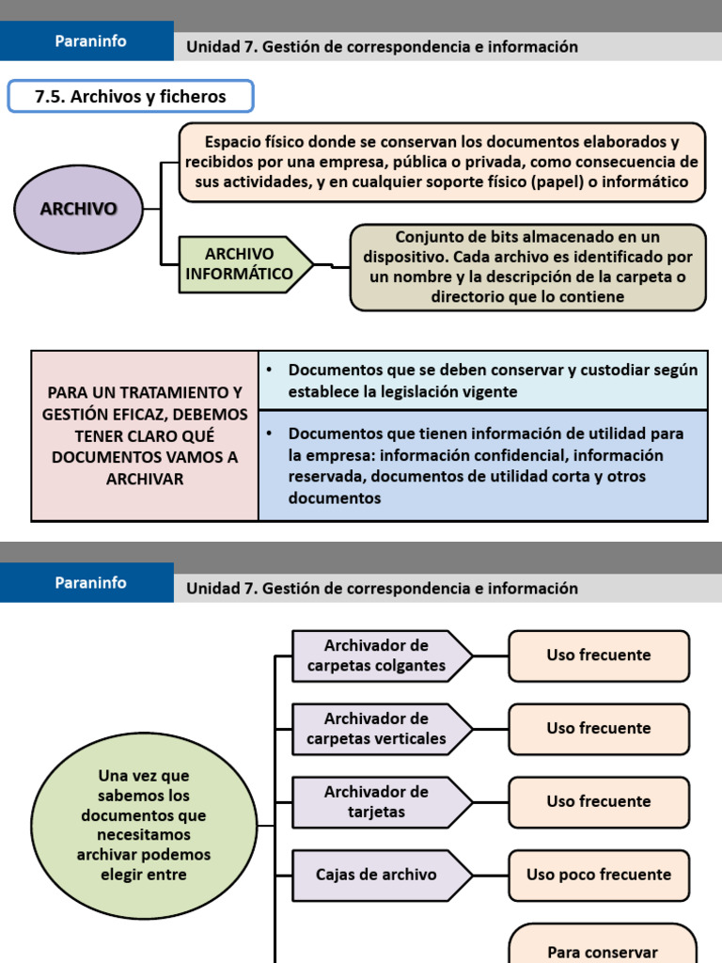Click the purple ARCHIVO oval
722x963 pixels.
(x=79, y=209)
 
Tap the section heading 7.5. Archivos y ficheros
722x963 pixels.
(x=130, y=96)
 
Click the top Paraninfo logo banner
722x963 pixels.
(x=90, y=40)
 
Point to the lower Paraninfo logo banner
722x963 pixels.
(x=90, y=582)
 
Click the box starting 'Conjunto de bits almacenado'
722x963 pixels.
(x=527, y=267)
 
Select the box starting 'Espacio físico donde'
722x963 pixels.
(x=442, y=162)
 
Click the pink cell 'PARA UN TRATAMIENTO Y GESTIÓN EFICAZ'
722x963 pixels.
(x=145, y=435)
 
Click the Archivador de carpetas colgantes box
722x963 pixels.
(x=379, y=655)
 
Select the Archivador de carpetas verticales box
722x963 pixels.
(x=379, y=729)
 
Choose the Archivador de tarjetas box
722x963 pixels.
(x=377, y=801)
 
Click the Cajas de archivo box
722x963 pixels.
(x=377, y=875)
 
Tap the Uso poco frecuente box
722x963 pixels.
(x=599, y=875)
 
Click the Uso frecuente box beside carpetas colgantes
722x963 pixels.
(x=599, y=655)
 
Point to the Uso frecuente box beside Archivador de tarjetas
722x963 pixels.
(x=599, y=801)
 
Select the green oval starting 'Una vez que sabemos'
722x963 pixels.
(x=144, y=825)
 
